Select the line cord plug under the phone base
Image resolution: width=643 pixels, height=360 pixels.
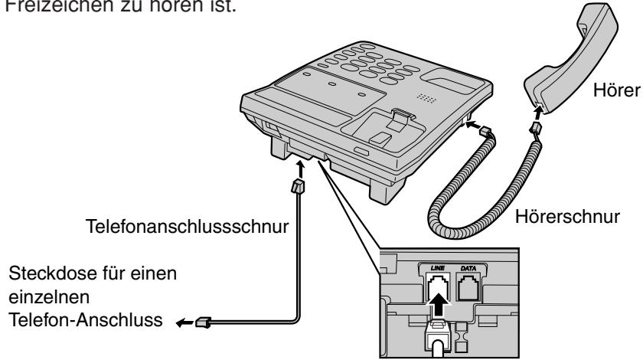[x=299, y=186]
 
